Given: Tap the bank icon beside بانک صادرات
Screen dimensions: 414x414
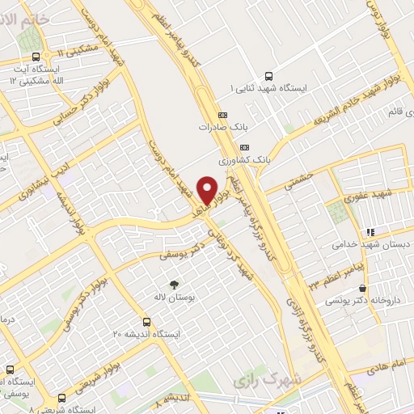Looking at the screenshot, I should pyautogui.click(x=222, y=115).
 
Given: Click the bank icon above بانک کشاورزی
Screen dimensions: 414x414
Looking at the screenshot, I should pyautogui.click(x=245, y=146).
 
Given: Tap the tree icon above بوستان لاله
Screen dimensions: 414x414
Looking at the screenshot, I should pyautogui.click(x=172, y=284).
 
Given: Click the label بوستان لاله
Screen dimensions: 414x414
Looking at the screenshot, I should pyautogui.click(x=173, y=298).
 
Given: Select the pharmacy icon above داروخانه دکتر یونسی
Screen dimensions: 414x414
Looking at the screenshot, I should pyautogui.click(x=363, y=288).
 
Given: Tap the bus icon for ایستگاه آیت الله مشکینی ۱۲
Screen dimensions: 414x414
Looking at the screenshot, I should pyautogui.click(x=35, y=57).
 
